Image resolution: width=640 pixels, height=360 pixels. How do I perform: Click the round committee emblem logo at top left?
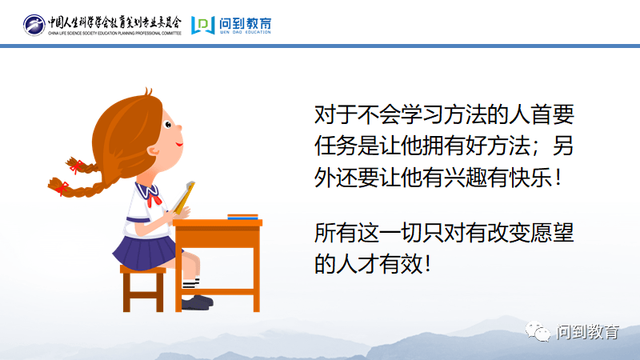click(34, 25)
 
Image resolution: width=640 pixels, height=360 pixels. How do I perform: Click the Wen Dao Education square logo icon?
click(202, 25)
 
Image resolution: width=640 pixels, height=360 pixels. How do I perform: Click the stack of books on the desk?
click(242, 216)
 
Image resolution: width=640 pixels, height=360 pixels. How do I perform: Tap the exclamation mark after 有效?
click(432, 264)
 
